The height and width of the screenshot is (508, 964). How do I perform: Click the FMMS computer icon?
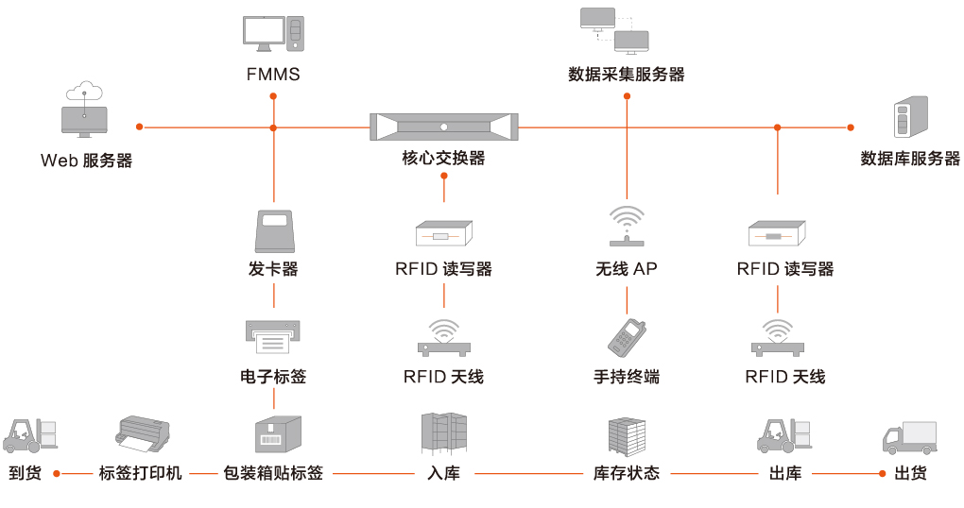point(274,34)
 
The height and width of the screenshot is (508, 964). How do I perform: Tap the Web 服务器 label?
point(86,161)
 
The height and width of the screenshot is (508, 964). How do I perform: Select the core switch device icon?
point(444,127)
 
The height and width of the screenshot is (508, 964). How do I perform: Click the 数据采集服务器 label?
point(627,75)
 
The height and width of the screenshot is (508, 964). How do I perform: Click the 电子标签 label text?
point(273,377)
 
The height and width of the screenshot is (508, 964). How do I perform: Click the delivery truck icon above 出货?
point(909,437)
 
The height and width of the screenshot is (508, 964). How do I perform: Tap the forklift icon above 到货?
point(30,434)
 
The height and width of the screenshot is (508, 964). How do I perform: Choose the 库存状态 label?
point(627,473)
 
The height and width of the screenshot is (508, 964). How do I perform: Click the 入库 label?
point(443,473)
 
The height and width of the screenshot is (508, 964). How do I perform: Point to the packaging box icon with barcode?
point(277,434)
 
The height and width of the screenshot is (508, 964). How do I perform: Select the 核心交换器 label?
point(443,159)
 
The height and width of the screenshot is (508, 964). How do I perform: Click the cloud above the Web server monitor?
point(84,91)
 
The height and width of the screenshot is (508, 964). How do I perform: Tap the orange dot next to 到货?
point(57,473)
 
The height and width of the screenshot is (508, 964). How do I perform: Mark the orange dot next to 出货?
point(883,473)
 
